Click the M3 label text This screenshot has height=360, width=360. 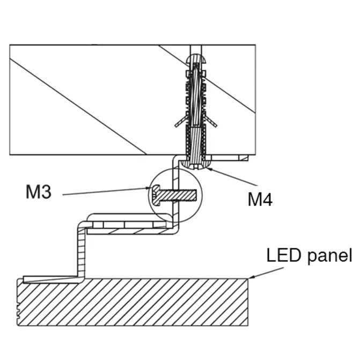click(39, 192)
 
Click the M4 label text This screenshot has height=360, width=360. click(260, 199)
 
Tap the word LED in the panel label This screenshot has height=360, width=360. click(284, 255)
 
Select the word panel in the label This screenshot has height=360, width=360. click(330, 256)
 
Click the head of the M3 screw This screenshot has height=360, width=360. click(156, 195)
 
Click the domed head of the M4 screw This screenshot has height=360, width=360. click(196, 165)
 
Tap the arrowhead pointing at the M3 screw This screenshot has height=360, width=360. click(148, 188)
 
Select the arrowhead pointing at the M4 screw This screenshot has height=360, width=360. click(209, 170)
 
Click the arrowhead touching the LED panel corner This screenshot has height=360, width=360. click(252, 277)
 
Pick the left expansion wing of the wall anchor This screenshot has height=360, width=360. click(181, 121)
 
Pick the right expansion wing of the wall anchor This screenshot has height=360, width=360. click(210, 121)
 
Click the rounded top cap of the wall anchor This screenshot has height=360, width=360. click(196, 58)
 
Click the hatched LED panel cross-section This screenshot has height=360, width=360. click(133, 302)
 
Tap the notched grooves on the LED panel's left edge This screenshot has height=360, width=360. click(19, 311)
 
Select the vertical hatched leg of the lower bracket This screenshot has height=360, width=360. click(82, 252)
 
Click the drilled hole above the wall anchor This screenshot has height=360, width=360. click(196, 49)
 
